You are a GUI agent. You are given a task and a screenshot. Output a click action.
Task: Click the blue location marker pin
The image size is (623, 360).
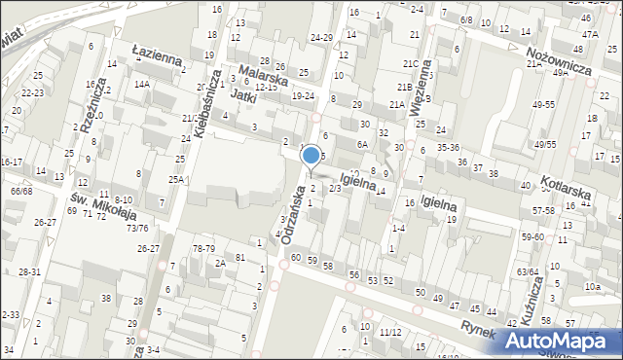(x=311, y=156)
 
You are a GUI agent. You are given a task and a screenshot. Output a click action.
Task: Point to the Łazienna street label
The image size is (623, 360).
(x=158, y=53)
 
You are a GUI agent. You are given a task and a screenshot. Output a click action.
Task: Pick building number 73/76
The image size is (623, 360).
(x=137, y=228)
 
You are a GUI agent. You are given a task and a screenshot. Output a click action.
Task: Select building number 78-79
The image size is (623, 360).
(x=203, y=248)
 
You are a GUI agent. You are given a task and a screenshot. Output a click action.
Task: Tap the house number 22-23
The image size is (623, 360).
(x=32, y=92)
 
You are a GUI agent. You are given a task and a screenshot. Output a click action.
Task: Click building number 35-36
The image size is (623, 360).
(x=448, y=147)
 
